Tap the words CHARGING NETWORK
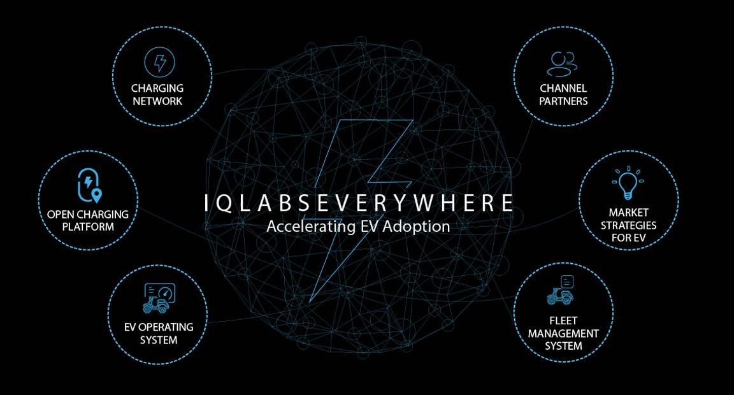click(157, 94)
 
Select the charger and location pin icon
click(89, 185)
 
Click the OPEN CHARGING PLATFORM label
click(88, 220)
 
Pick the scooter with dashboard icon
click(158, 298)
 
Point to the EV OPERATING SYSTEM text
click(158, 333)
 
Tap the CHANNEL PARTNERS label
click(563, 94)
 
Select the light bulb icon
click(628, 183)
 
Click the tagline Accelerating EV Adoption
click(358, 226)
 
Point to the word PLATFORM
click(88, 227)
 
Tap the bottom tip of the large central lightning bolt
click(310, 301)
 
